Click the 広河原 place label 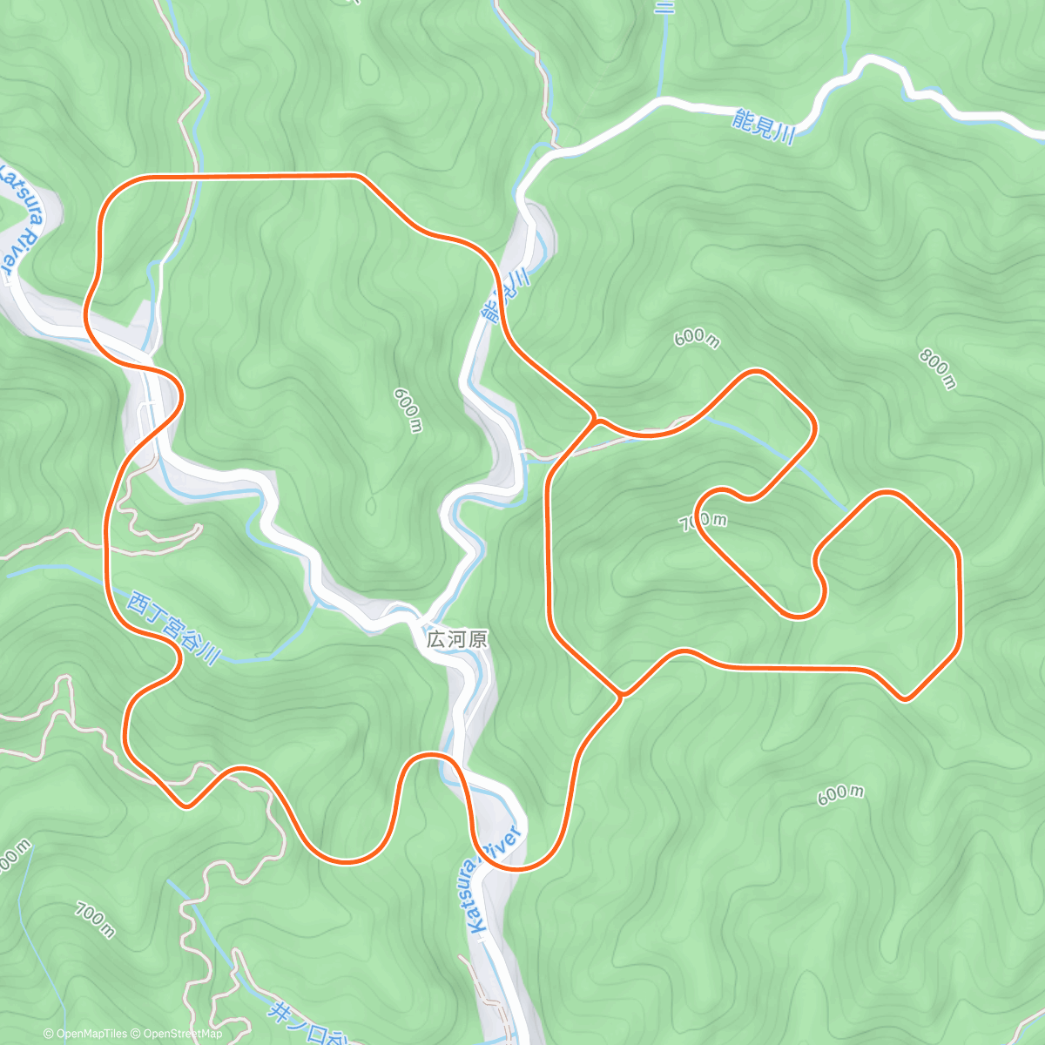[x=456, y=638]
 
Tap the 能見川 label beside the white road [x=764, y=128]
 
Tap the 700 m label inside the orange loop [x=703, y=521]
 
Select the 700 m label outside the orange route [x=94, y=920]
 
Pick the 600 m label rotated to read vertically [x=408, y=409]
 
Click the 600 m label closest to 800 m [x=696, y=337]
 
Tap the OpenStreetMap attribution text [x=181, y=1034]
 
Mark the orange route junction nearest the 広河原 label [x=620, y=694]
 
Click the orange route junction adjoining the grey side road [x=595, y=421]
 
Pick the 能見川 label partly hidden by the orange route [x=506, y=296]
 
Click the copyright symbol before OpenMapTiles [x=49, y=1034]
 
